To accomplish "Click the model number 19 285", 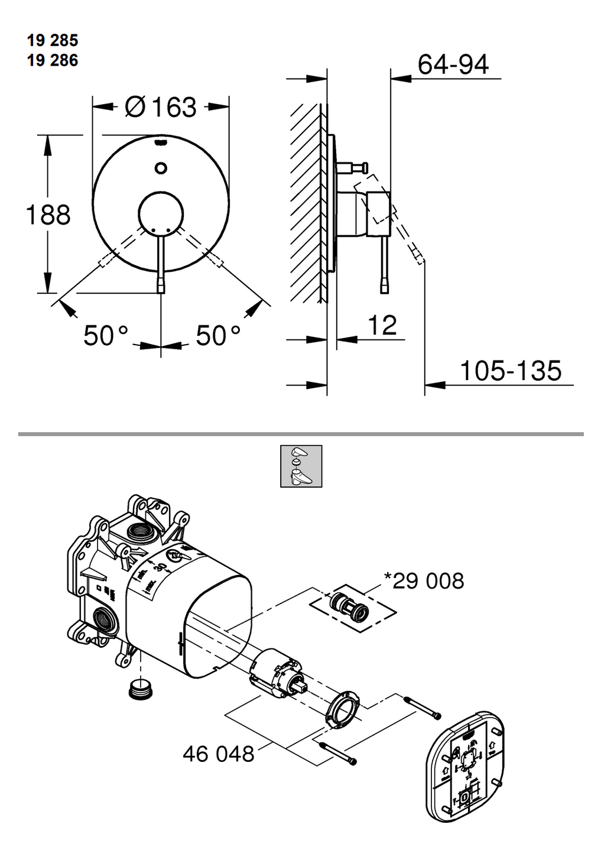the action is click(x=53, y=40).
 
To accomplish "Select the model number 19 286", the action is click(x=53, y=60).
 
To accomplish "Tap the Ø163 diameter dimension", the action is click(x=161, y=107).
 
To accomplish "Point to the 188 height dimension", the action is click(x=48, y=215).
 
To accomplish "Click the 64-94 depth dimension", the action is click(x=453, y=64).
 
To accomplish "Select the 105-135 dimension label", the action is click(x=511, y=371).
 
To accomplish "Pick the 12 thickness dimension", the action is click(x=382, y=325).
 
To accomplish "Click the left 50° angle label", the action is click(x=106, y=335).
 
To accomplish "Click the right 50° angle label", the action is click(x=218, y=335).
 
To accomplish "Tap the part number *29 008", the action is click(x=424, y=581).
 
